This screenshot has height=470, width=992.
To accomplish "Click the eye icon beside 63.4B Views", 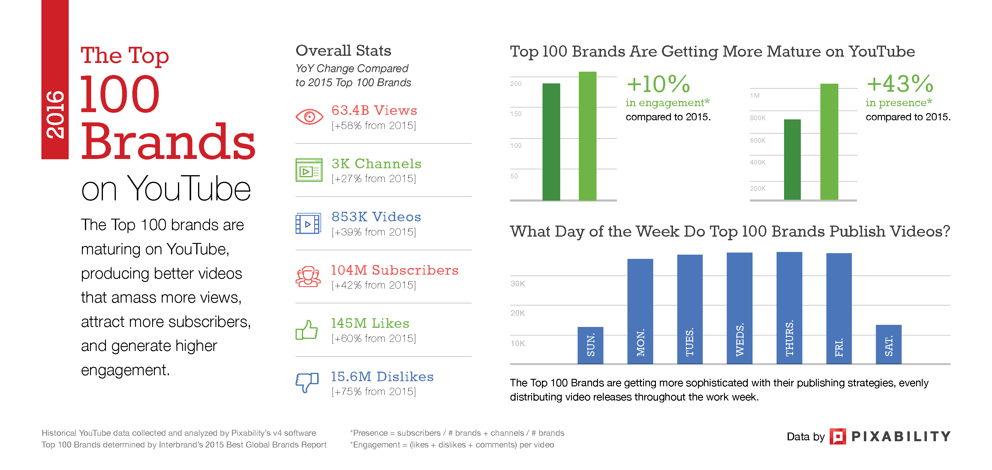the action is [x=309, y=116].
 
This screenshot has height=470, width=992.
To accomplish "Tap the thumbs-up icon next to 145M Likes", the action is [x=307, y=330].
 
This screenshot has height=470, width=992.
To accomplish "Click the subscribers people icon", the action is [x=308, y=276].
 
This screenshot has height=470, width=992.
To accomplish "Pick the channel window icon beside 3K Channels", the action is [x=309, y=170].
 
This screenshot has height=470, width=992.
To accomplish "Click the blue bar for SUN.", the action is [x=590, y=345].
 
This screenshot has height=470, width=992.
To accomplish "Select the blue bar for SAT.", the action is [x=888, y=344].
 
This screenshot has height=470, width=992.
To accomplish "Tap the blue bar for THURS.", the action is [x=789, y=308].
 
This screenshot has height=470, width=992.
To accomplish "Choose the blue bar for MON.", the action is [x=640, y=311].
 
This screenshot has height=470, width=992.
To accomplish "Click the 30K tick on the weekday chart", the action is [x=518, y=284].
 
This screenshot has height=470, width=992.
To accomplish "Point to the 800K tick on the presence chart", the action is [x=757, y=118].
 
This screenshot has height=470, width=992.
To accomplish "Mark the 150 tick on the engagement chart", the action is [x=516, y=114].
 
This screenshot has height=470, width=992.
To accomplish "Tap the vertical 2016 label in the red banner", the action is [x=55, y=115].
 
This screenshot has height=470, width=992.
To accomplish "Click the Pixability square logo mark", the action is [x=837, y=436].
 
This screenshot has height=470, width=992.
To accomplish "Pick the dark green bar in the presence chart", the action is [x=792, y=159].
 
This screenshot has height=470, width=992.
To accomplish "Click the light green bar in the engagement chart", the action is [x=587, y=136].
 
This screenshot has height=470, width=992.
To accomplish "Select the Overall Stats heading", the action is [x=343, y=50].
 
